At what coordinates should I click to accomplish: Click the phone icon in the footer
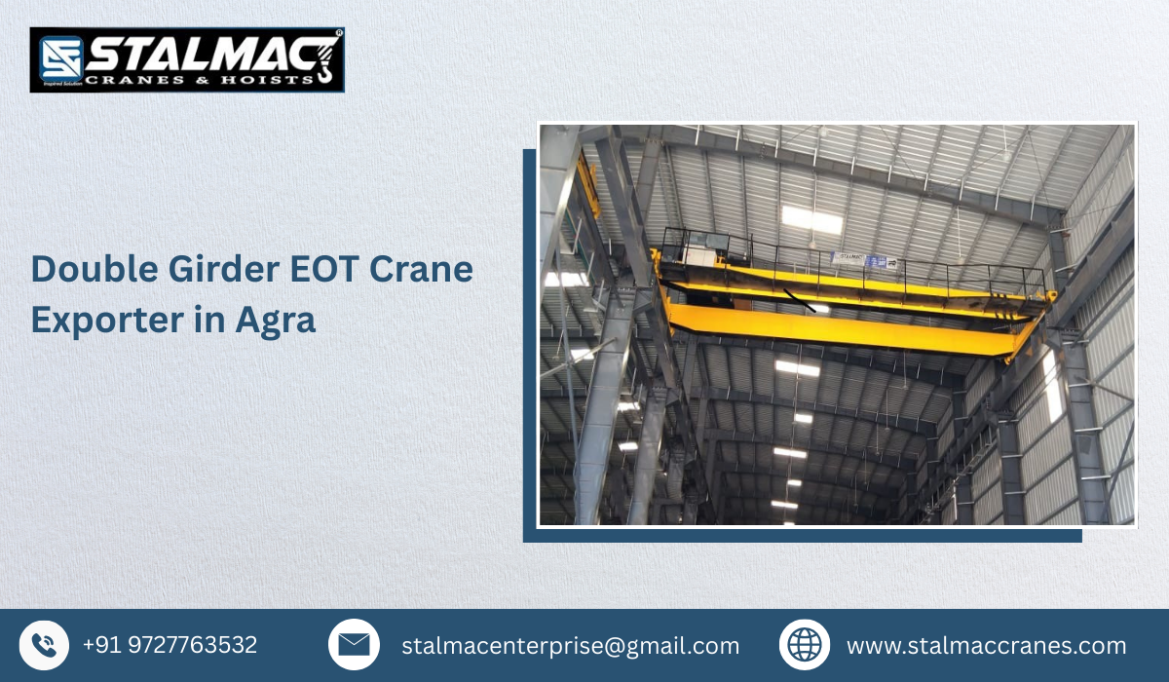(x=44, y=645)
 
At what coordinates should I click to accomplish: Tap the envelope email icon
(x=354, y=645)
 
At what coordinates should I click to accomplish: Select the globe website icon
(x=805, y=645)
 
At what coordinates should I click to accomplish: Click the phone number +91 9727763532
(x=170, y=645)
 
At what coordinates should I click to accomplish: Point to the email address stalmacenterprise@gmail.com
(x=570, y=646)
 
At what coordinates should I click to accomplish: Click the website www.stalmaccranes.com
(x=986, y=646)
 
